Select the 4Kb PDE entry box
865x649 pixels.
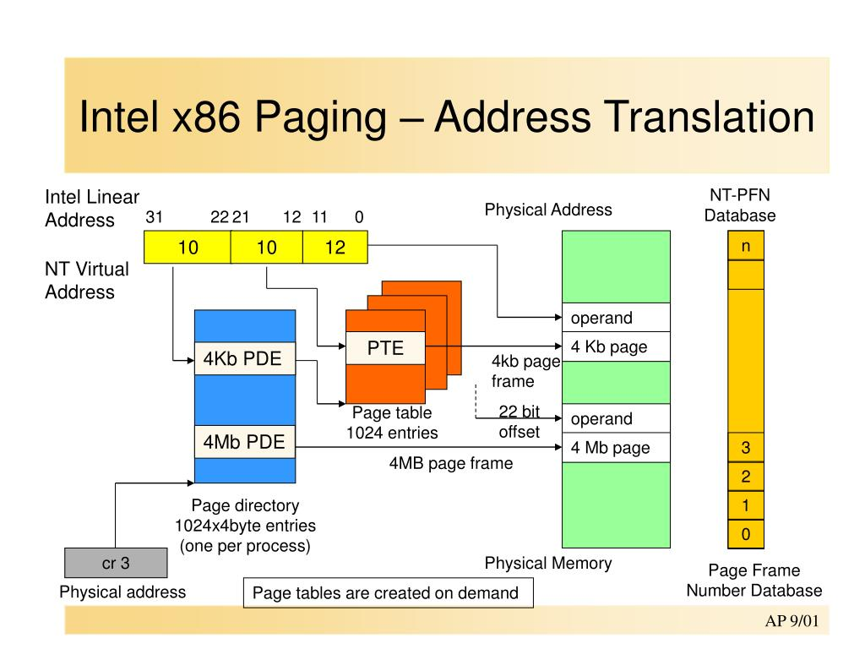[x=245, y=358]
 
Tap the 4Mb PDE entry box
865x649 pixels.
[x=245, y=441]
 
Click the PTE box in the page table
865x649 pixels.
[x=384, y=347]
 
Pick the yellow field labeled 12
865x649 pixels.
[x=335, y=247]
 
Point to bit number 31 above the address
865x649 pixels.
[x=154, y=217]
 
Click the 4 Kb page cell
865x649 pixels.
[x=616, y=346]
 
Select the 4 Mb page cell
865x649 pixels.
[x=616, y=447]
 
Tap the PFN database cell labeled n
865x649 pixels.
[x=746, y=246]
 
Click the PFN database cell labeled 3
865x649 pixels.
[x=746, y=447]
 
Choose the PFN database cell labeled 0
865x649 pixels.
[x=746, y=535]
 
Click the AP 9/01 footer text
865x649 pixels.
[x=792, y=622]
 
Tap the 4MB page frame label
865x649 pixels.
[x=450, y=463]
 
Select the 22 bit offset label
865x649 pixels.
[x=519, y=422]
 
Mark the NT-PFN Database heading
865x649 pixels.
[x=740, y=205]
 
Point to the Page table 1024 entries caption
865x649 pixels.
[x=392, y=423]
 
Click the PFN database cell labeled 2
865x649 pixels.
[x=746, y=477]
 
